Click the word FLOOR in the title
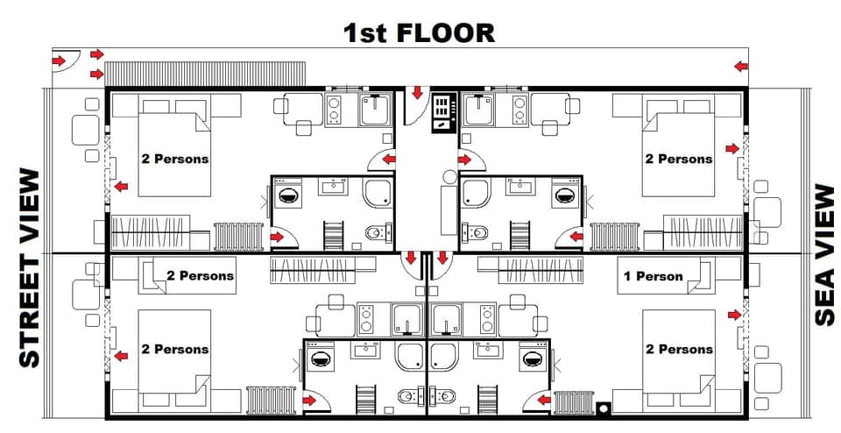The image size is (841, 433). (445, 33)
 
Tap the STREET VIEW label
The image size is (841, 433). (29, 268)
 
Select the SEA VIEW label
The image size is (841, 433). (823, 254)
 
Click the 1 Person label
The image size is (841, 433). (653, 276)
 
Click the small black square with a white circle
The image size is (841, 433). (602, 408)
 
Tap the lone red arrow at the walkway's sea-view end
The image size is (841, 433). (741, 66)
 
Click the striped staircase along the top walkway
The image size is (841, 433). (205, 73)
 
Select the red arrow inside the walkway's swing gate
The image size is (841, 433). (58, 60)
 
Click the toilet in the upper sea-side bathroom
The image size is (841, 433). (477, 232)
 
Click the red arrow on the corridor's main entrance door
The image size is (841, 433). (417, 92)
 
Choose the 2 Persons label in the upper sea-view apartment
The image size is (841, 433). (679, 159)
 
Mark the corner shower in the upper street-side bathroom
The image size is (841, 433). (378, 192)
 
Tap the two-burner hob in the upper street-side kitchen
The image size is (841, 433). (337, 109)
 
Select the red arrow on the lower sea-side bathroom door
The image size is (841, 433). (543, 400)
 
